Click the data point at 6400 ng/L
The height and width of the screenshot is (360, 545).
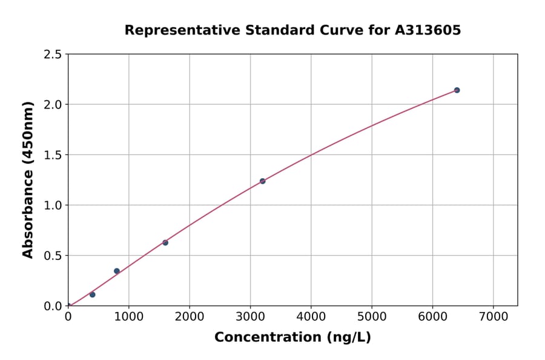457,90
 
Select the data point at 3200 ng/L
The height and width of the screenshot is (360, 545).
262,181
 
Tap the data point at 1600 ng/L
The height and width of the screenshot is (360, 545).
165,242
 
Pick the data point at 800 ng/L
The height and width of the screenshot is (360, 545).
117,271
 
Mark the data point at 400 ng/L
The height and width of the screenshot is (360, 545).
93,295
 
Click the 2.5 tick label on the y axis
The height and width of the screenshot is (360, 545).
53,55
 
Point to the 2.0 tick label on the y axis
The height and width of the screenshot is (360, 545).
53,105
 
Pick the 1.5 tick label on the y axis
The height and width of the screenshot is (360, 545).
53,155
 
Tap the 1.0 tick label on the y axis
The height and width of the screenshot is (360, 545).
53,205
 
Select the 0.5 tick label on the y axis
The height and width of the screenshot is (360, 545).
53,256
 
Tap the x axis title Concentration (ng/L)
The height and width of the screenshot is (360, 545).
292,338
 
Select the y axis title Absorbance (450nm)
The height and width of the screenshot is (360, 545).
28,179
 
